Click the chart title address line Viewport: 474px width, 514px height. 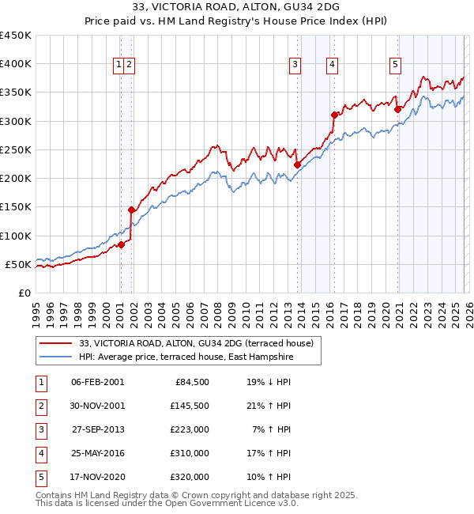tap(237, 8)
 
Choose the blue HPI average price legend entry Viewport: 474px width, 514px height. tap(186, 357)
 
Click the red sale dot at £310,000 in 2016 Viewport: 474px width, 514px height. tap(334, 115)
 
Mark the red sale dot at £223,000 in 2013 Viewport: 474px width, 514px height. tap(298, 165)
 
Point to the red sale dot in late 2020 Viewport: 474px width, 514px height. tap(397, 109)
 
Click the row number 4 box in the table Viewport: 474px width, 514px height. tap(39, 453)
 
